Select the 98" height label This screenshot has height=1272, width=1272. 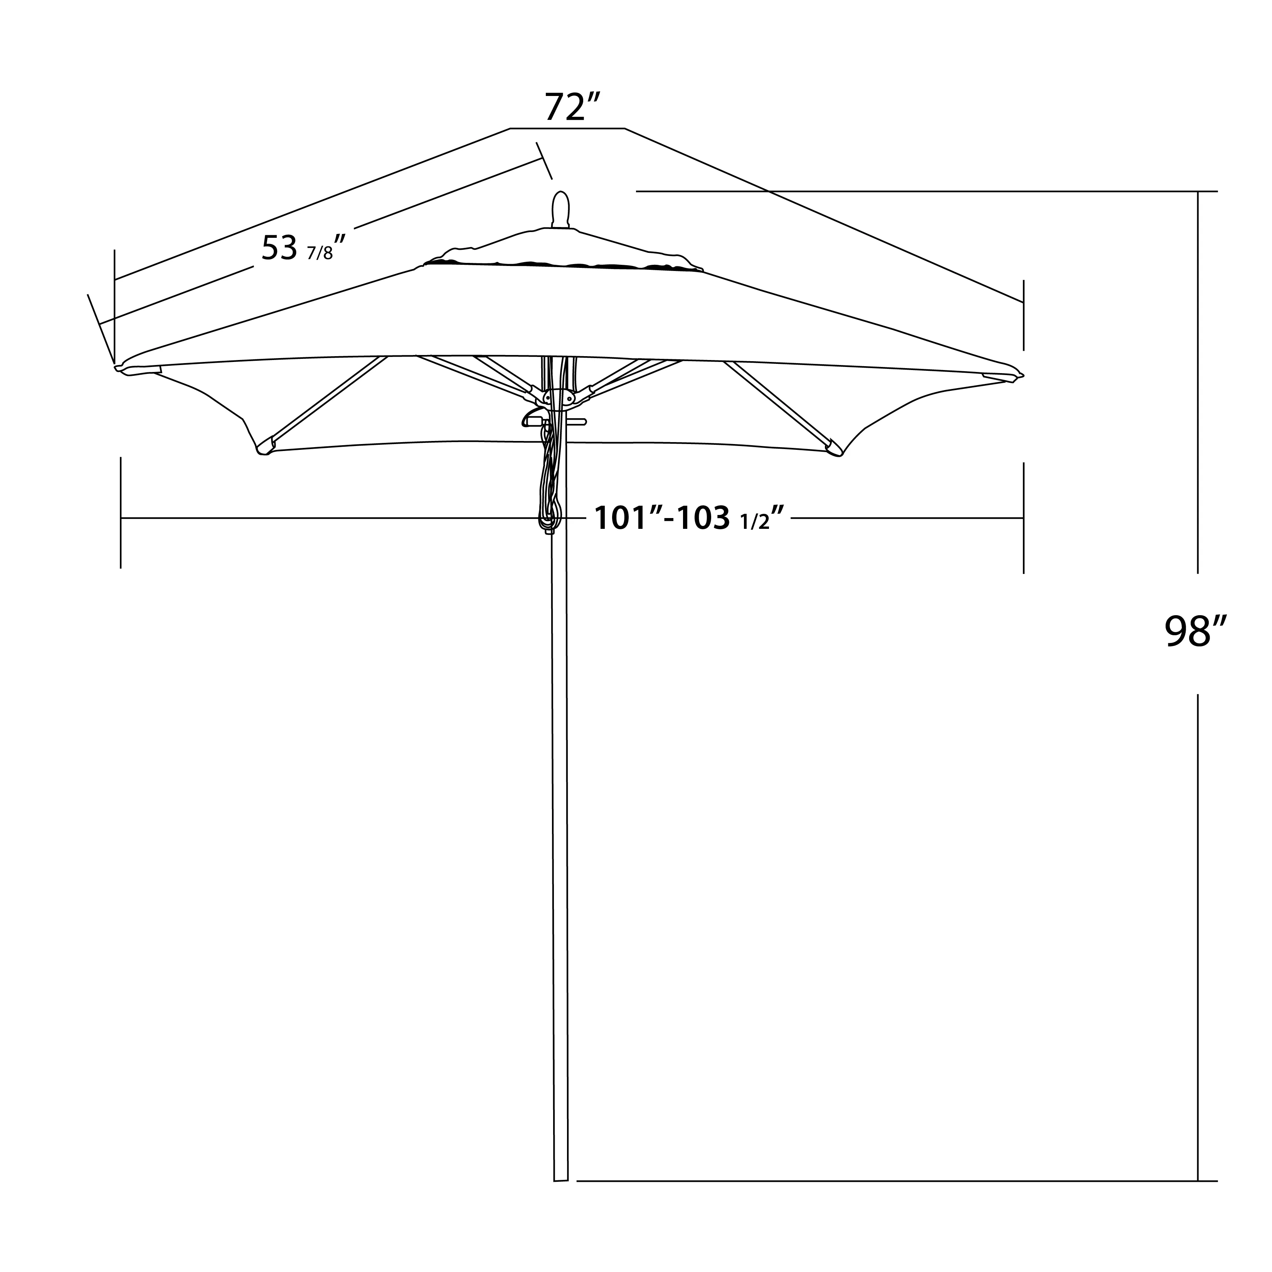coord(1195,632)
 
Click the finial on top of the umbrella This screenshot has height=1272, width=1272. coord(560,209)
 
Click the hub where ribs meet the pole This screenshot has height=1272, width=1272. coord(558,398)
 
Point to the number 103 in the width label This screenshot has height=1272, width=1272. coord(703,518)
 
